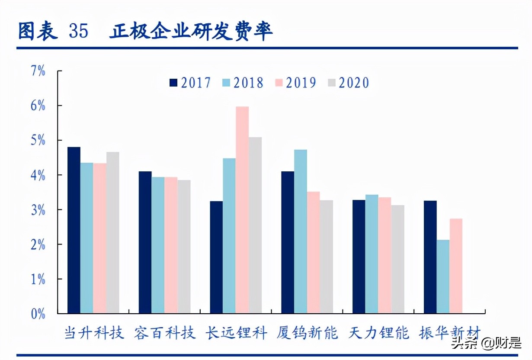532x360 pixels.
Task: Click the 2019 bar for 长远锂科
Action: (242, 210)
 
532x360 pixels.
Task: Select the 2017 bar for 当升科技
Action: (74, 230)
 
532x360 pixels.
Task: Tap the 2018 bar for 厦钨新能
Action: (301, 231)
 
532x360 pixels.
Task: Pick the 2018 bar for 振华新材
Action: (443, 276)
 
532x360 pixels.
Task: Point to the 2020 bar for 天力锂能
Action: (397, 259)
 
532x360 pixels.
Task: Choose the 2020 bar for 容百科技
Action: (184, 247)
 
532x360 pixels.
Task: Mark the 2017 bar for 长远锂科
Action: (216, 257)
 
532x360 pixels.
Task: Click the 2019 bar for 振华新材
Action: (456, 266)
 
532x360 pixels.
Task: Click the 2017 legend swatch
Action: (173, 83)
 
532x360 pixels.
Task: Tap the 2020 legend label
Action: (354, 83)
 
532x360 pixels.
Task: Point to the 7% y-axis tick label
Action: (38, 71)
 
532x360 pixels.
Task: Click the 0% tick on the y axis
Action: (38, 314)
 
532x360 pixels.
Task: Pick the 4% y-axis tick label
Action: (38, 175)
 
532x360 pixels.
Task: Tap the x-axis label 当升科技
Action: (94, 334)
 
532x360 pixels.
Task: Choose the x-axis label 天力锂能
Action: (378, 334)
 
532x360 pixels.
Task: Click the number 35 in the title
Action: (78, 31)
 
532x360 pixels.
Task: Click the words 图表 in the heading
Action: (38, 31)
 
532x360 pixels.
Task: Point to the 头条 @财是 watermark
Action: (488, 344)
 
